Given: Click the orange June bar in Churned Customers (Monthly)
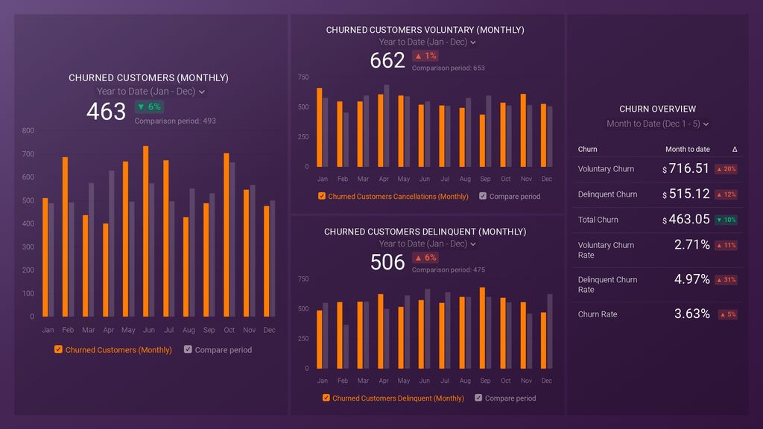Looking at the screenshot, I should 145,231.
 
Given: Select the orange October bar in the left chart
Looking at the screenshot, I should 226,235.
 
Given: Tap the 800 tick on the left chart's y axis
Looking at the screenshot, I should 28,131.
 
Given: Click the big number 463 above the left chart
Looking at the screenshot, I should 106,112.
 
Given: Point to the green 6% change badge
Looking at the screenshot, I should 149,107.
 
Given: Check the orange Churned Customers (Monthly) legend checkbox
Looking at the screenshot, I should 58,349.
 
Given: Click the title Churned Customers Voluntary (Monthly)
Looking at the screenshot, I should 425,31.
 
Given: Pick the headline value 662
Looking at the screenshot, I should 387,60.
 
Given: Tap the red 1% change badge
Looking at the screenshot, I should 425,56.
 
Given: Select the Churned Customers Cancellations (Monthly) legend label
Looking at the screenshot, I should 398,197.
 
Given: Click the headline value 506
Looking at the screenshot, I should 387,262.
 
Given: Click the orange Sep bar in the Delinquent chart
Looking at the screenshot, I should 482,328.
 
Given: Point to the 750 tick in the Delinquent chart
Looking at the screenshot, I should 303,279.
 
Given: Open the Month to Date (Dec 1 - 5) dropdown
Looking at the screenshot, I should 657,124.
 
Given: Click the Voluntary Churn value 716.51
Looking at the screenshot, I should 688,168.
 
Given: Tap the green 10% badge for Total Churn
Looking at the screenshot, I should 726,220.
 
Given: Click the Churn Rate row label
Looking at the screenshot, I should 598,314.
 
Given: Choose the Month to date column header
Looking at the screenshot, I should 687,150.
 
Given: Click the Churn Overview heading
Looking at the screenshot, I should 657,109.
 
